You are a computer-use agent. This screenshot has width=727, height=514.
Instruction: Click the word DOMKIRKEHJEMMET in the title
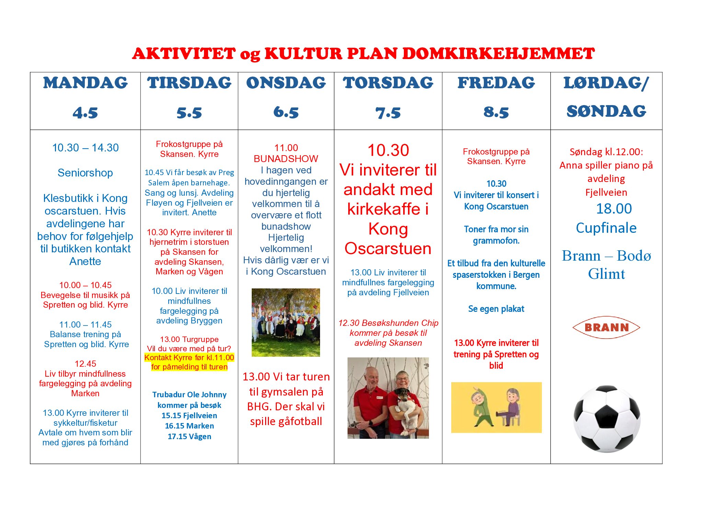click(x=498, y=54)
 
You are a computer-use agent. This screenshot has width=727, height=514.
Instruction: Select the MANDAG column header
click(x=85, y=83)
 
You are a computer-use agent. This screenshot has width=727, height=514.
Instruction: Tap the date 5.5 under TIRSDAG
click(x=189, y=113)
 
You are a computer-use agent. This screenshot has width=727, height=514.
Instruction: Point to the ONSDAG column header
click(x=286, y=83)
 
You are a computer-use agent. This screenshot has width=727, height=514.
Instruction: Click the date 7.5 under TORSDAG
click(x=388, y=113)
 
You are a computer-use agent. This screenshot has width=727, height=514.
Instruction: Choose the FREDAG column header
click(x=496, y=83)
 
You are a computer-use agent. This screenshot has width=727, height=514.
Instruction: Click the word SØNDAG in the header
click(x=606, y=111)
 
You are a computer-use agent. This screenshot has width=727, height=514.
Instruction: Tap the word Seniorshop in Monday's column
click(x=85, y=173)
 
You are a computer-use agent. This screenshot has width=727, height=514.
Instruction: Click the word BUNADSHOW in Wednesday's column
click(x=286, y=159)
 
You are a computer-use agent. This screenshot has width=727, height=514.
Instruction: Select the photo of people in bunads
click(x=286, y=322)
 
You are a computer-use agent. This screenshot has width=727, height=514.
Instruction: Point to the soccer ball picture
click(x=606, y=419)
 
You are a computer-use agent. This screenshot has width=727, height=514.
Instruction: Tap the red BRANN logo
click(x=606, y=327)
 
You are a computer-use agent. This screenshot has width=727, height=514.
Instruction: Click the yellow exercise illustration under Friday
click(x=496, y=407)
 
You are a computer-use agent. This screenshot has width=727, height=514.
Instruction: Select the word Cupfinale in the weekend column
click(x=606, y=228)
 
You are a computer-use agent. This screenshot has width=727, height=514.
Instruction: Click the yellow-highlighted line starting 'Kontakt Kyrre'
click(x=189, y=358)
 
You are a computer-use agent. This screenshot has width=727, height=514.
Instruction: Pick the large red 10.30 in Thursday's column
click(x=388, y=150)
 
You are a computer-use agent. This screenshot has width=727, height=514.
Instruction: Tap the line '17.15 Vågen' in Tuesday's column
click(x=189, y=436)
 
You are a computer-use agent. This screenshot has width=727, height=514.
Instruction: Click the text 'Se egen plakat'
click(x=496, y=309)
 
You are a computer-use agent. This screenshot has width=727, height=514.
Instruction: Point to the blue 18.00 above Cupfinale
click(x=614, y=209)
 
